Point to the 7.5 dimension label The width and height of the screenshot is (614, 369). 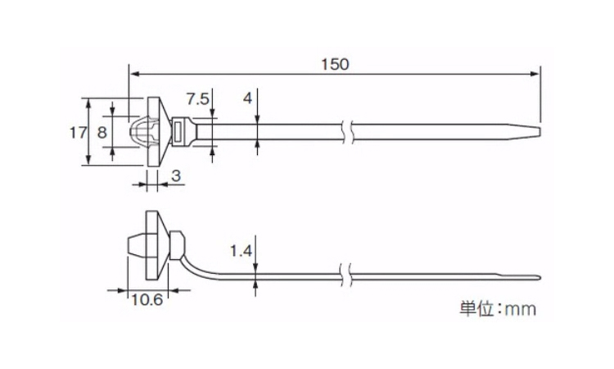click(x=197, y=99)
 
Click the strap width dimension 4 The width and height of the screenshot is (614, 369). click(x=247, y=98)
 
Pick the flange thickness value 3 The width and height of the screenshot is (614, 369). click(x=175, y=175)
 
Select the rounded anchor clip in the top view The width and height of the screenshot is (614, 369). click(x=141, y=132)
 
